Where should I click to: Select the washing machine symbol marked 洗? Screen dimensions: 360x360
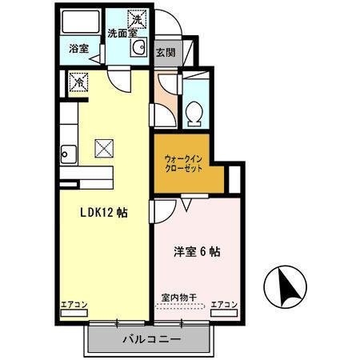tap(138, 18)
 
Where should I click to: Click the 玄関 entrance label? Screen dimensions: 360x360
tap(166, 54)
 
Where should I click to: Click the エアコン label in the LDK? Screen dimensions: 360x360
tap(74, 305)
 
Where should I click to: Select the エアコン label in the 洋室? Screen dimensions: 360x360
tap(225, 305)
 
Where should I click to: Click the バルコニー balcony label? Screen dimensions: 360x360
tap(151, 340)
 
